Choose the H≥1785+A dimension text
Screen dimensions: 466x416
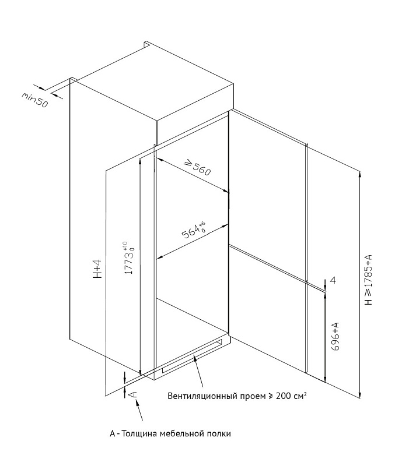[x=368, y=280]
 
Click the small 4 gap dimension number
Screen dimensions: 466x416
[x=333, y=281]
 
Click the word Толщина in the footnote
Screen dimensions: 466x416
[x=143, y=434]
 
